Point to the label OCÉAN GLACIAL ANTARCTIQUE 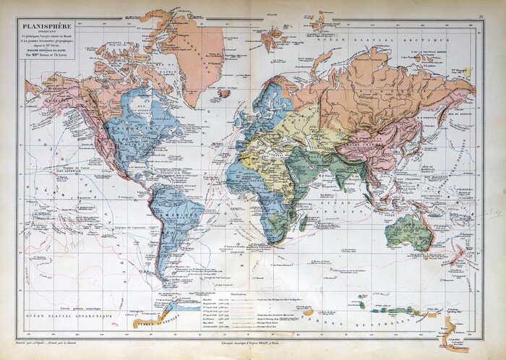tap(69, 317)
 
